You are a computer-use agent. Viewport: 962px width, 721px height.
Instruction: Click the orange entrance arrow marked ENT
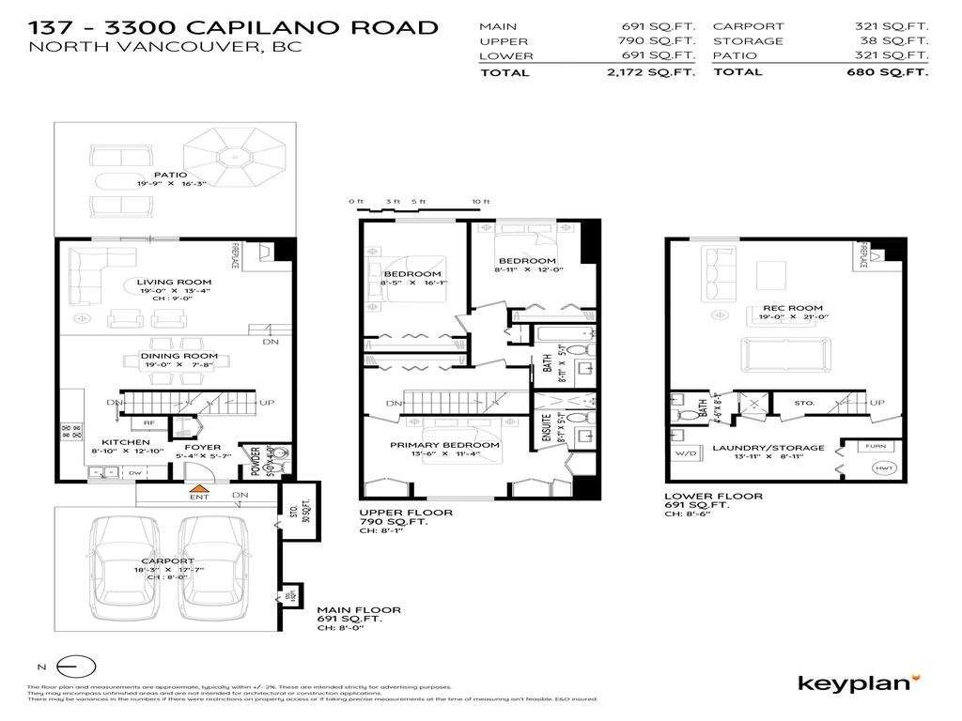point(198,488)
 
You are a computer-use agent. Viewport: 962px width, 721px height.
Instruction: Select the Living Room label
point(174,282)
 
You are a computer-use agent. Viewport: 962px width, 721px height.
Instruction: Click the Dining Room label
point(178,356)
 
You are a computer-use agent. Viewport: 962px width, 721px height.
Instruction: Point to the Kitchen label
point(126,442)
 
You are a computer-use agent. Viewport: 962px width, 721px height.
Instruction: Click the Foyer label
point(202,447)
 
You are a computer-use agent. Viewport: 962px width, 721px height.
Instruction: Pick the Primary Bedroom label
point(446,445)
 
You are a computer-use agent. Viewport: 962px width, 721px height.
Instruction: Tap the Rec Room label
point(780,308)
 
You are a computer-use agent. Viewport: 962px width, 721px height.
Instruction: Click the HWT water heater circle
point(883,468)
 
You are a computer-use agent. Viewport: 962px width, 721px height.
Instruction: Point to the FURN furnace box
point(875,447)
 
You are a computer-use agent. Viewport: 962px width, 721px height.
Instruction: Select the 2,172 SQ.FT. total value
point(663,72)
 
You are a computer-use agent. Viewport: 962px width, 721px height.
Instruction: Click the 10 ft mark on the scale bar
point(481,202)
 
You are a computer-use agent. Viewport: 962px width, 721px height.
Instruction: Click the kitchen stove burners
point(71,433)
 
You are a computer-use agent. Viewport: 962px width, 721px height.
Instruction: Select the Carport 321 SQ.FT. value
point(896,26)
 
